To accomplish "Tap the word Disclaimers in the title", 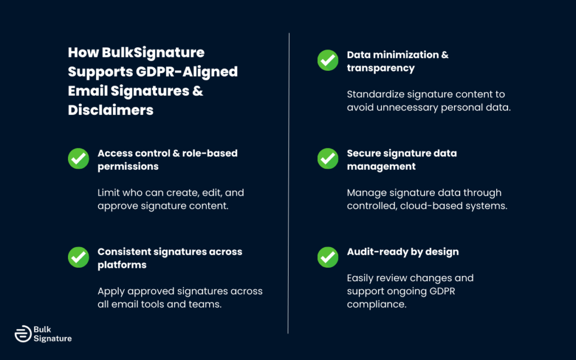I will click(111, 110).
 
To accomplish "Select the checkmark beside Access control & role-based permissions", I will click(78, 159).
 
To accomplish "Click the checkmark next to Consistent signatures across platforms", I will click(78, 257).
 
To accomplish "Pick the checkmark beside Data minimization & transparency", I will click(328, 60).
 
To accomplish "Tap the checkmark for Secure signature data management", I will click(328, 159).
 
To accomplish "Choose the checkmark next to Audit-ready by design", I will click(328, 257).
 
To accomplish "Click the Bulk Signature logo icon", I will click(22, 334).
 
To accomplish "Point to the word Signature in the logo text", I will click(53, 339).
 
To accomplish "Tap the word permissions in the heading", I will click(128, 166).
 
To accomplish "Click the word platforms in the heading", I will click(122, 265).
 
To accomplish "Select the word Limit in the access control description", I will click(108, 192).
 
